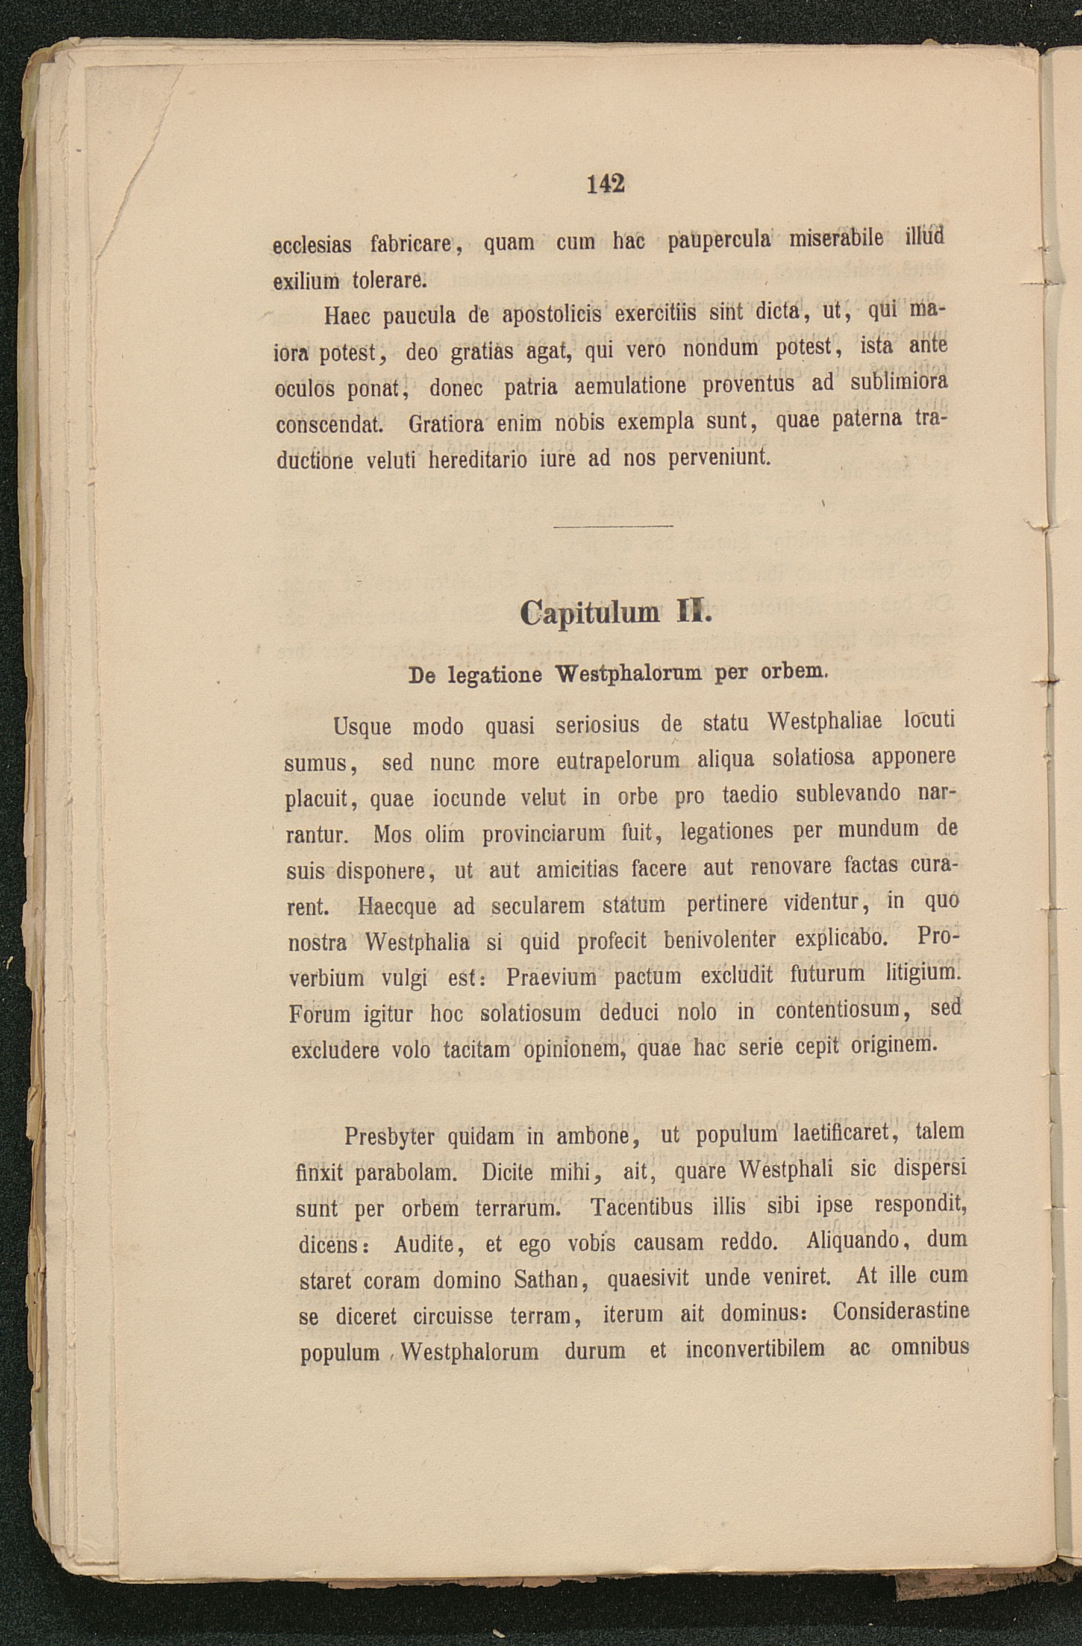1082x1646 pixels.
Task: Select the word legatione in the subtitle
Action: (492, 675)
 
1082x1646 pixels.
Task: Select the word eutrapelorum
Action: (618, 762)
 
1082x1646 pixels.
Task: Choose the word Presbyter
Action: (389, 1136)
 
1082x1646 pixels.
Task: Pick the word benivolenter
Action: (720, 940)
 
